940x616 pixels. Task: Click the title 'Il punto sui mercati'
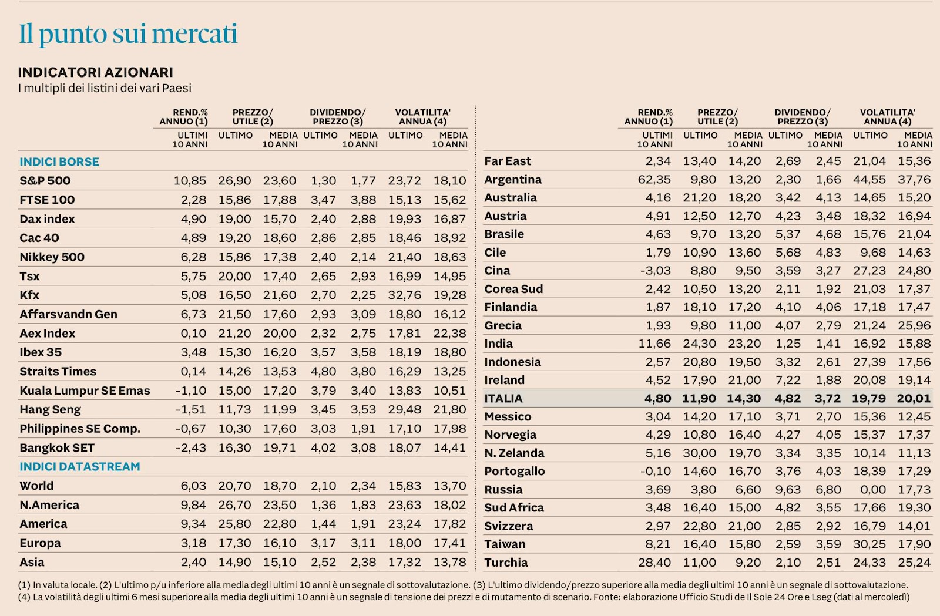tap(128, 34)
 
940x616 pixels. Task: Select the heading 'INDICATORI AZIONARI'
tap(95, 72)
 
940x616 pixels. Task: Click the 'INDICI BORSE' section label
tap(59, 162)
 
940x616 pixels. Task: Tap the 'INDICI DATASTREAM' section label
tap(80, 467)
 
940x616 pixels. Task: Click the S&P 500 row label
tap(45, 181)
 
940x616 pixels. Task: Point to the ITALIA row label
tap(503, 399)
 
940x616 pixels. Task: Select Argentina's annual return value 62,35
tap(654, 180)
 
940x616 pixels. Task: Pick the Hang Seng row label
tap(50, 410)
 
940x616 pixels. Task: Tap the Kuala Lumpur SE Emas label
tap(85, 391)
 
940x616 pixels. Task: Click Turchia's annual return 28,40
tap(654, 563)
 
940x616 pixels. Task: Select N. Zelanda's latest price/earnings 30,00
tap(699, 453)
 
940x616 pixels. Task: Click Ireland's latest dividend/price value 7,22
tap(788, 381)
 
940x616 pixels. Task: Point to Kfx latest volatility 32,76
tap(404, 295)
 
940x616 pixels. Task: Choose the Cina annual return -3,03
tap(655, 271)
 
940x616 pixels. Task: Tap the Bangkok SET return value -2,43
tap(190, 448)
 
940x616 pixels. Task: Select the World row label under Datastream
tap(36, 486)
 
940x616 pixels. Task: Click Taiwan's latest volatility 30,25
tap(869, 544)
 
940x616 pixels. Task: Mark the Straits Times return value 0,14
tap(193, 372)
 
